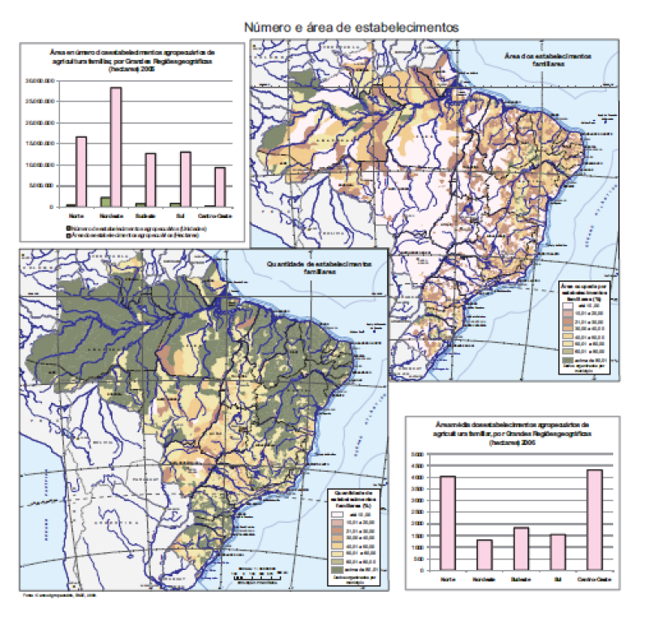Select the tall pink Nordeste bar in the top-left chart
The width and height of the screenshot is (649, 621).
coord(116,147)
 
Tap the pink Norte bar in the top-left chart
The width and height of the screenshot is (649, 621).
coord(81,171)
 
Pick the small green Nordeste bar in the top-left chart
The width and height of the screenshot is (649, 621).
coord(105,202)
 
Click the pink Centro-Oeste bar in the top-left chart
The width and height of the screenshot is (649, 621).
coord(221,186)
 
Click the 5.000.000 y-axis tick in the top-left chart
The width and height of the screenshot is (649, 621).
coord(40,186)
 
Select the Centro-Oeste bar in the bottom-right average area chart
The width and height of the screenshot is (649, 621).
coord(595,520)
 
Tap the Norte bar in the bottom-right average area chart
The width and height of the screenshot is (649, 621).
coord(448,523)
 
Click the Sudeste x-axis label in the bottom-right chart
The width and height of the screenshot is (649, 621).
coord(521,580)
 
